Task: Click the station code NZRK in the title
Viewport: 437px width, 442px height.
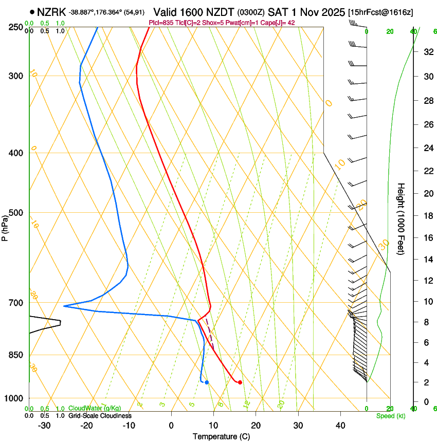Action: click(x=51, y=12)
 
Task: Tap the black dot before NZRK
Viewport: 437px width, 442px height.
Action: click(x=32, y=12)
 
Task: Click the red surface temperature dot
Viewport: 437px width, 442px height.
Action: click(x=240, y=382)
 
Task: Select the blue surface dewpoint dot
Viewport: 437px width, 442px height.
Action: click(x=207, y=382)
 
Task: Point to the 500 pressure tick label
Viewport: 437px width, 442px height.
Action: click(x=16, y=213)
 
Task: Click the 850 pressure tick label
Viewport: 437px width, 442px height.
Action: click(x=16, y=355)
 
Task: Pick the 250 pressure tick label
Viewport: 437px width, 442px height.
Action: click(x=16, y=27)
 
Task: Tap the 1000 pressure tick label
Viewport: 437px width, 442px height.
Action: click(x=14, y=398)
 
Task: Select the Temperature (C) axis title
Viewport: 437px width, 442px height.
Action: click(x=221, y=436)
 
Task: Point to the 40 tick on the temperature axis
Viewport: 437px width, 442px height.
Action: click(x=340, y=425)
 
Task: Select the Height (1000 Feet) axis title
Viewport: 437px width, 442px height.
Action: click(x=402, y=218)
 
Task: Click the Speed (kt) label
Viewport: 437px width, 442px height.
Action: click(x=390, y=416)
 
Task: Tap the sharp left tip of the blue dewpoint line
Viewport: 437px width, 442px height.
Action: click(x=64, y=306)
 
